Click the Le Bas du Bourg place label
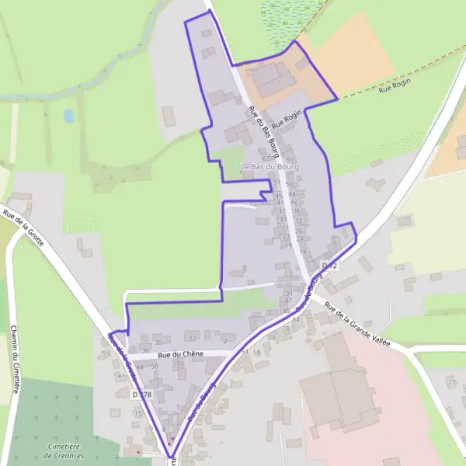point(271,167)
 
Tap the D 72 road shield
point(330,266)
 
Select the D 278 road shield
point(141,395)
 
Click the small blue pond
point(68,116)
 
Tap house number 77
point(451,383)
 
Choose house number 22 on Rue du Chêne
point(193,339)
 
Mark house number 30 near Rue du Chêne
point(158,342)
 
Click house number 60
point(290,159)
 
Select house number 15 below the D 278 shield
point(137,413)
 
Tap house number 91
point(289,293)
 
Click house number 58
point(257,352)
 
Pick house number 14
point(304,252)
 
